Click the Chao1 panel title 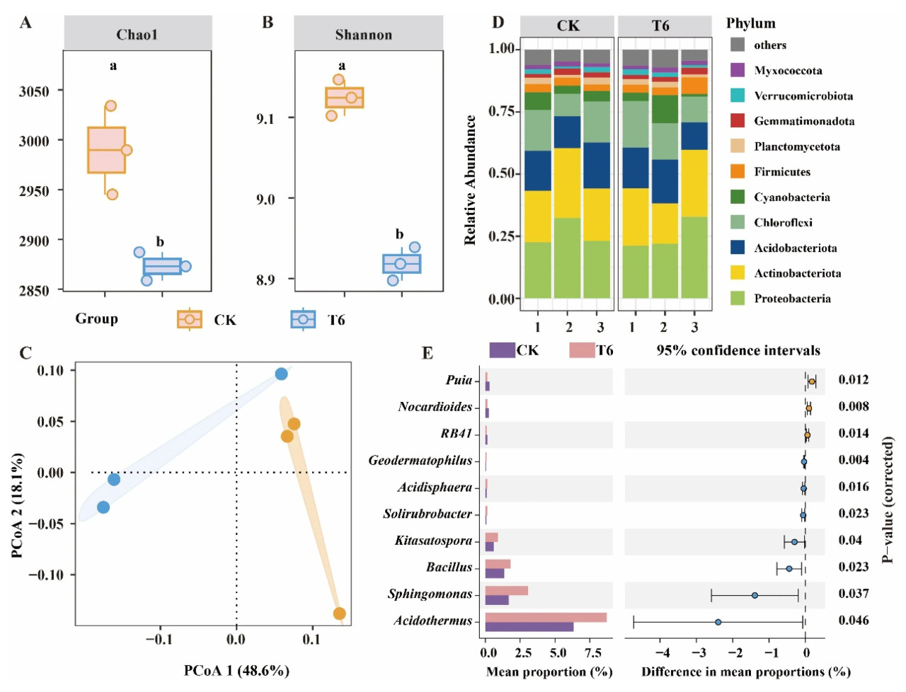(137, 35)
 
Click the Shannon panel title (363, 35)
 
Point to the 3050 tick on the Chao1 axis (34, 91)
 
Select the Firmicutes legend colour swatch (738, 171)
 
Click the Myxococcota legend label (788, 71)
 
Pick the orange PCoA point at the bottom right (339, 613)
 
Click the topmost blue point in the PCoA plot (281, 374)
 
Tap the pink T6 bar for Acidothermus (545, 617)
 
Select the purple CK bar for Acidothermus (529, 627)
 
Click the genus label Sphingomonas (430, 594)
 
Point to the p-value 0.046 (854, 621)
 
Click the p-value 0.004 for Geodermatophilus (854, 460)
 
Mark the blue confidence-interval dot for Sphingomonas (755, 595)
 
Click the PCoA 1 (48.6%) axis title (236, 670)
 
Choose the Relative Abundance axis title (470, 180)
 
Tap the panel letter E (427, 353)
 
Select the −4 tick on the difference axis (662, 652)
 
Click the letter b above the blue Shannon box (399, 234)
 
